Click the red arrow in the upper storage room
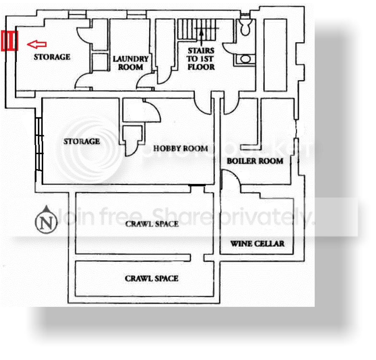36,44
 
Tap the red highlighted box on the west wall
9,41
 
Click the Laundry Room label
131,63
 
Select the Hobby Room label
180,149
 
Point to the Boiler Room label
255,161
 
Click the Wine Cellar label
257,244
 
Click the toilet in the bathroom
245,27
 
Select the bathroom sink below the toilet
245,59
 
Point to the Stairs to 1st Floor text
201,59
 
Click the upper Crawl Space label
152,224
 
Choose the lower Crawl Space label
152,279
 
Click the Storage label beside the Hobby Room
81,141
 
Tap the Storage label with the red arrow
52,57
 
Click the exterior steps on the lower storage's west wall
39,144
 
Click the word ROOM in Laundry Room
131,67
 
